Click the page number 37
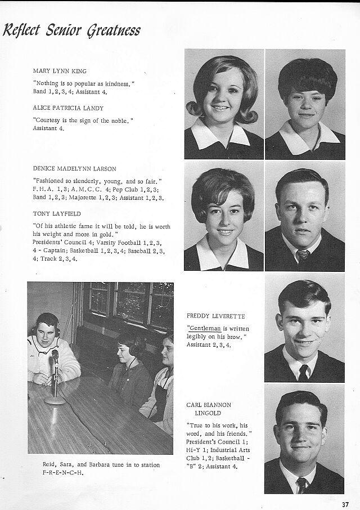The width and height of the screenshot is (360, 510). [x=345, y=503]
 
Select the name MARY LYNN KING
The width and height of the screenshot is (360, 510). [x=60, y=71]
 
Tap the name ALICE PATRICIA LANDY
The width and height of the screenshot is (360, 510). [x=68, y=108]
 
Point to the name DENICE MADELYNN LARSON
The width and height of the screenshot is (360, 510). [x=74, y=168]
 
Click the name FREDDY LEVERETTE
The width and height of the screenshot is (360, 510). [x=215, y=316]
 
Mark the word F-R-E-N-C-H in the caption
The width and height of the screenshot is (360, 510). [x=63, y=472]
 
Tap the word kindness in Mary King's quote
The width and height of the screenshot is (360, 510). [x=115, y=83]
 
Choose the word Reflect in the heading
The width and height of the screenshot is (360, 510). [x=22, y=30]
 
